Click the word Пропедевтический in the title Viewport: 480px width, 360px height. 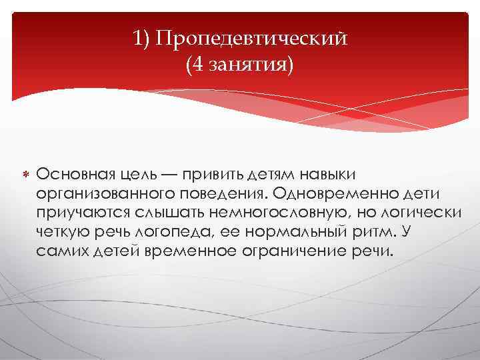tap(251, 38)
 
